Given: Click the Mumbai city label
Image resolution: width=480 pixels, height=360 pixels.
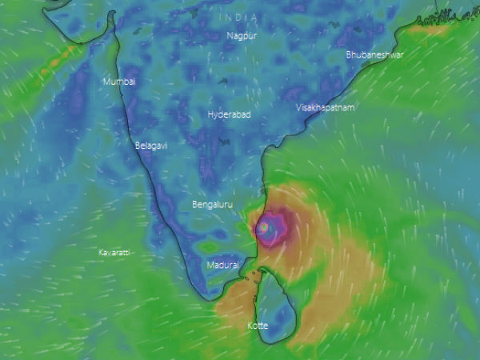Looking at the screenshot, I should point(119,82).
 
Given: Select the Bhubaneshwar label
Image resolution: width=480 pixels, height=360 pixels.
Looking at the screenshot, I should point(374,55).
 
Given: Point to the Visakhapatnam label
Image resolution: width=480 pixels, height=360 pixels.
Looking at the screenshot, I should point(325,107).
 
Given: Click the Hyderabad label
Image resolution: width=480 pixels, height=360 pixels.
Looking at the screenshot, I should point(229,115).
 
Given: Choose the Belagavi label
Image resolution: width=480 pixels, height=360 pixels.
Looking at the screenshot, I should point(152,146).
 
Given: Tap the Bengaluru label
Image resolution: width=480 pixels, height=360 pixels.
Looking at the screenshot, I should point(212,206).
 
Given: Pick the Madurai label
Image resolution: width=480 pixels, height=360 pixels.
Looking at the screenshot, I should point(222,265).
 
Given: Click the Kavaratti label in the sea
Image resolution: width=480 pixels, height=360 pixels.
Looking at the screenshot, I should point(114,253).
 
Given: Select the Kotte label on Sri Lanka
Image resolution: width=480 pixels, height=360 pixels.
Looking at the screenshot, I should point(258,326).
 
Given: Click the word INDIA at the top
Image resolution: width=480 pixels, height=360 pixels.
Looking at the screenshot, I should point(241,18).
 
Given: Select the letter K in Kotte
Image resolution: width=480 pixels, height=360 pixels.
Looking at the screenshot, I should point(249,326).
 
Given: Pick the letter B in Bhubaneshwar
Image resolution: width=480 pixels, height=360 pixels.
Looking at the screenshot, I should point(349,55).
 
